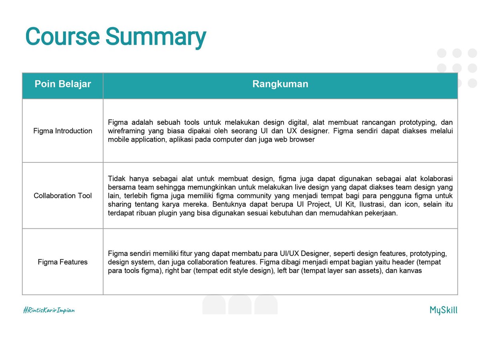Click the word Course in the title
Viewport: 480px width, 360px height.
point(62,36)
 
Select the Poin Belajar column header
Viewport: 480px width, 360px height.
point(63,84)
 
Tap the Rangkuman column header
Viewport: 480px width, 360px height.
point(280,84)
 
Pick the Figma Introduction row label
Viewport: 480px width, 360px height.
point(63,131)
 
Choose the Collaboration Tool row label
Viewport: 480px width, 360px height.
point(63,196)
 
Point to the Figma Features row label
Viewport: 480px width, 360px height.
point(63,262)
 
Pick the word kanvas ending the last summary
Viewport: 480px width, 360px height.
point(412,271)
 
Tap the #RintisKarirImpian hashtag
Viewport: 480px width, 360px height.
point(49,310)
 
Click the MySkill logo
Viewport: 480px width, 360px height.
point(443,310)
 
